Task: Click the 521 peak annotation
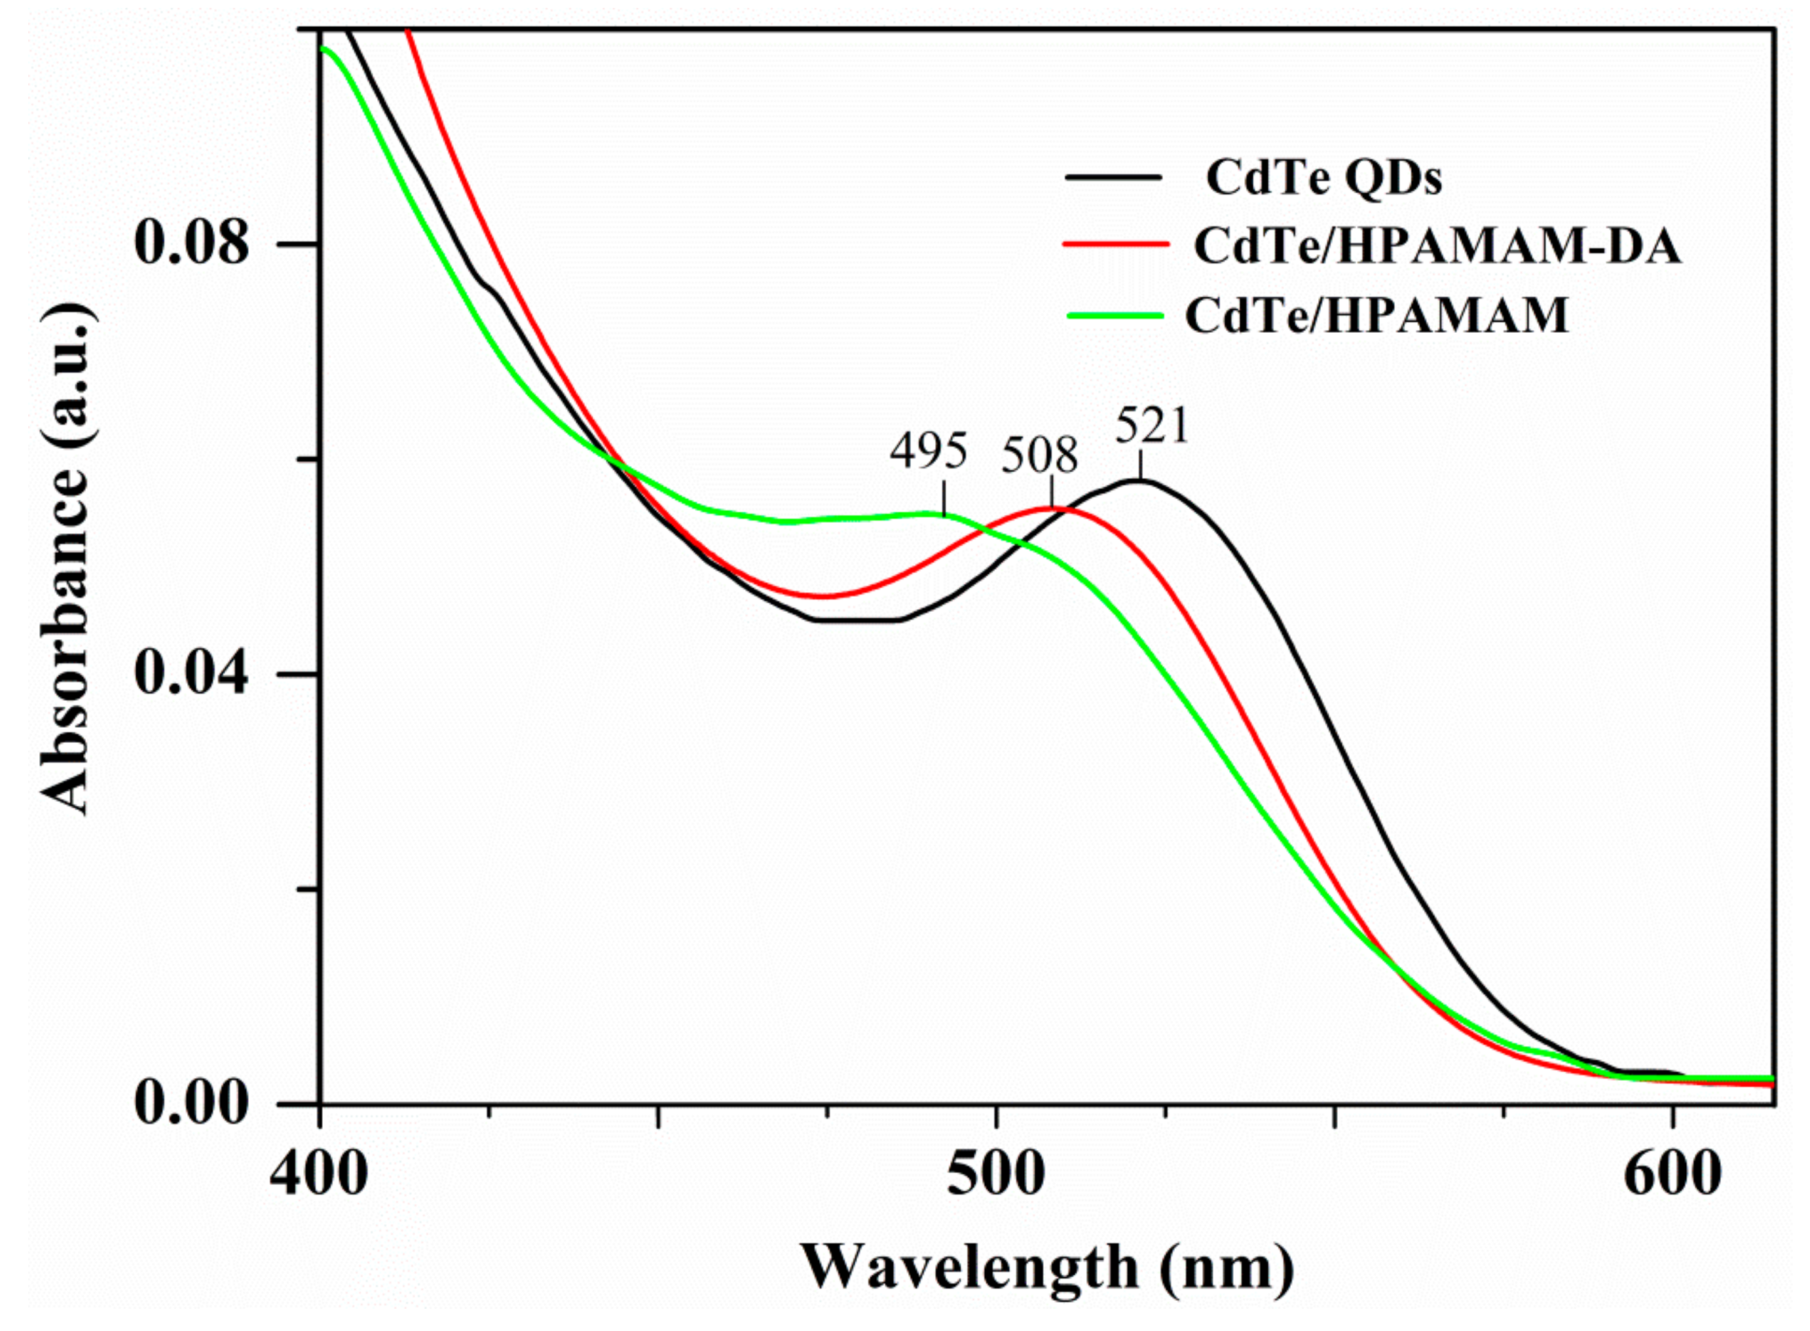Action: pyautogui.click(x=1151, y=426)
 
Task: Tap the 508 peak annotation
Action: pyautogui.click(x=1039, y=456)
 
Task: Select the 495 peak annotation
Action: pyautogui.click(x=928, y=451)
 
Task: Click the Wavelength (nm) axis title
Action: pyautogui.click(x=1046, y=1267)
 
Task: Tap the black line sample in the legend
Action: pyautogui.click(x=1113, y=176)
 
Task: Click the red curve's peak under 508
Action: pyautogui.click(x=1051, y=508)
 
